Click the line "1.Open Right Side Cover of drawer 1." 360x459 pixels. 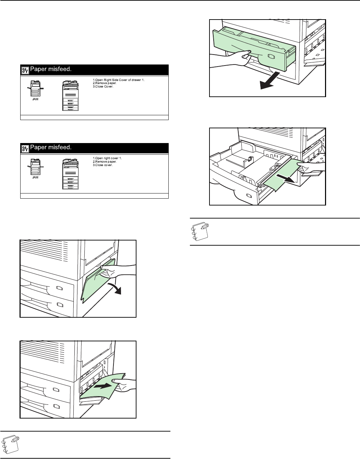(119, 80)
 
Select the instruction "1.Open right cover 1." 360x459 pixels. (107, 158)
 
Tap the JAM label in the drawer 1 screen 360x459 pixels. (35, 99)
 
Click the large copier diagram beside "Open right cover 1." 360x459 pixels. (71, 174)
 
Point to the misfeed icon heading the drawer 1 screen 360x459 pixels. (25, 70)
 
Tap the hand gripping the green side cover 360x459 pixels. (118, 271)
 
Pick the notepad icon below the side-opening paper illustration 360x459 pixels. (10, 444)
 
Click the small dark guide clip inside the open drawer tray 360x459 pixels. (250, 158)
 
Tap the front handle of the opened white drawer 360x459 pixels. (249, 196)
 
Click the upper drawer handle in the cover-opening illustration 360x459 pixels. (60, 288)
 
